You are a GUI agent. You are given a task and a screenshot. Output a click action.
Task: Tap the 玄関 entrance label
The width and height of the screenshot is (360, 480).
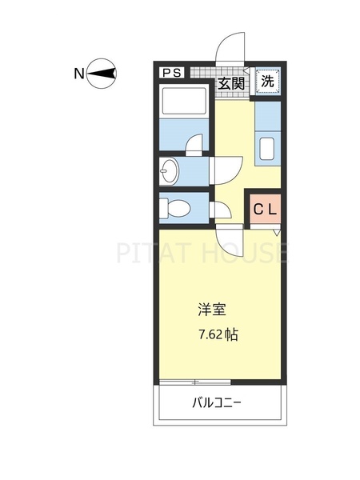(x=233, y=82)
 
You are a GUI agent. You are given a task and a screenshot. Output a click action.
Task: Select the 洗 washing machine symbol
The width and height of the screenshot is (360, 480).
(x=269, y=81)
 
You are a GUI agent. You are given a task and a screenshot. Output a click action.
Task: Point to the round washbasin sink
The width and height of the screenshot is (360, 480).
(x=170, y=170)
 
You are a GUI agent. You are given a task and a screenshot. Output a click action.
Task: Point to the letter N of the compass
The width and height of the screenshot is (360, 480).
(x=79, y=74)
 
